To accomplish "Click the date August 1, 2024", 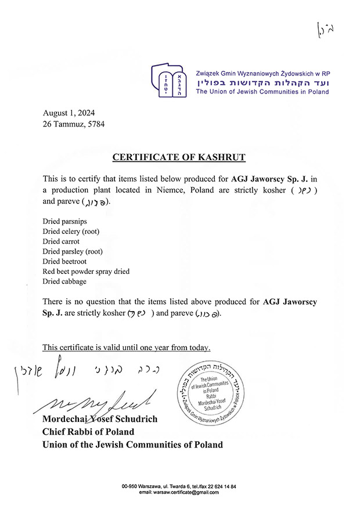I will click(69, 113).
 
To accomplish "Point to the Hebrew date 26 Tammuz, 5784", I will click(74, 124).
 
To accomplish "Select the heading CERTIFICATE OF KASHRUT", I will click(179, 157).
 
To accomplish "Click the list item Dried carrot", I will click(61, 241).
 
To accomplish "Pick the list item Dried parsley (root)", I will click(72, 251).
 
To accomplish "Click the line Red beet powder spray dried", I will click(86, 271).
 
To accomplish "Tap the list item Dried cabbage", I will click(64, 281).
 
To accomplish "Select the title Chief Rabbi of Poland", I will click(88, 431).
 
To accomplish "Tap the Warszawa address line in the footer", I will click(179, 486).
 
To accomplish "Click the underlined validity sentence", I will click(127, 348).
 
